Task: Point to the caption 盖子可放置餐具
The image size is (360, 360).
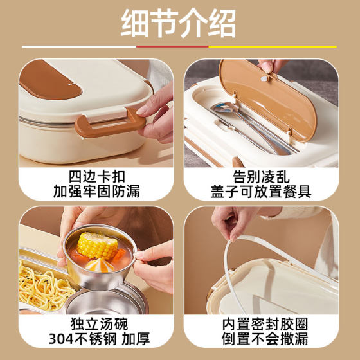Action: tap(260, 191)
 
